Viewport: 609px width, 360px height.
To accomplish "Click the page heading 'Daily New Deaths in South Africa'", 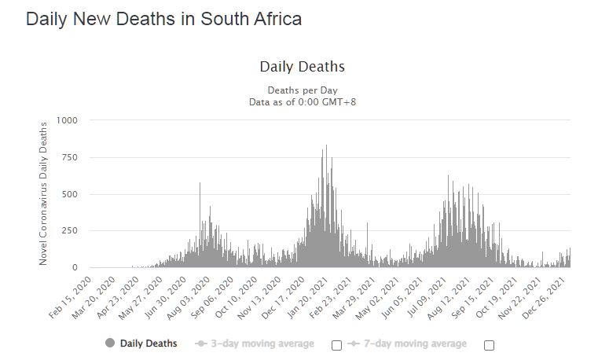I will point(163,19).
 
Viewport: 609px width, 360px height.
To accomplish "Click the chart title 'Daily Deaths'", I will point(302,67).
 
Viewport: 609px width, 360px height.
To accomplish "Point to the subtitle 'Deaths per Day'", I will point(302,90).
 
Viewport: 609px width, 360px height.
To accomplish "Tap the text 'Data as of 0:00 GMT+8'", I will point(302,101).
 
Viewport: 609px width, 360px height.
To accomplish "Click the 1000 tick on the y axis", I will point(67,120).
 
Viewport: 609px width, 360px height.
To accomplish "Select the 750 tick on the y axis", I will point(69,157).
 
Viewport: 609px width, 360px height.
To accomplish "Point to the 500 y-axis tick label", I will point(69,194).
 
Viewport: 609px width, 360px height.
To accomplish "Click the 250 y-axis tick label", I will point(69,231).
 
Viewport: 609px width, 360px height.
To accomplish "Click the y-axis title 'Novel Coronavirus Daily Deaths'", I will point(44,193).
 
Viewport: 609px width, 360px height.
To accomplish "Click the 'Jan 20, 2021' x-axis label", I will point(313,295).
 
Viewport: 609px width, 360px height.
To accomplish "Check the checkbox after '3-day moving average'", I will point(337,345).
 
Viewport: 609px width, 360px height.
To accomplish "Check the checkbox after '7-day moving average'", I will point(489,345).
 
